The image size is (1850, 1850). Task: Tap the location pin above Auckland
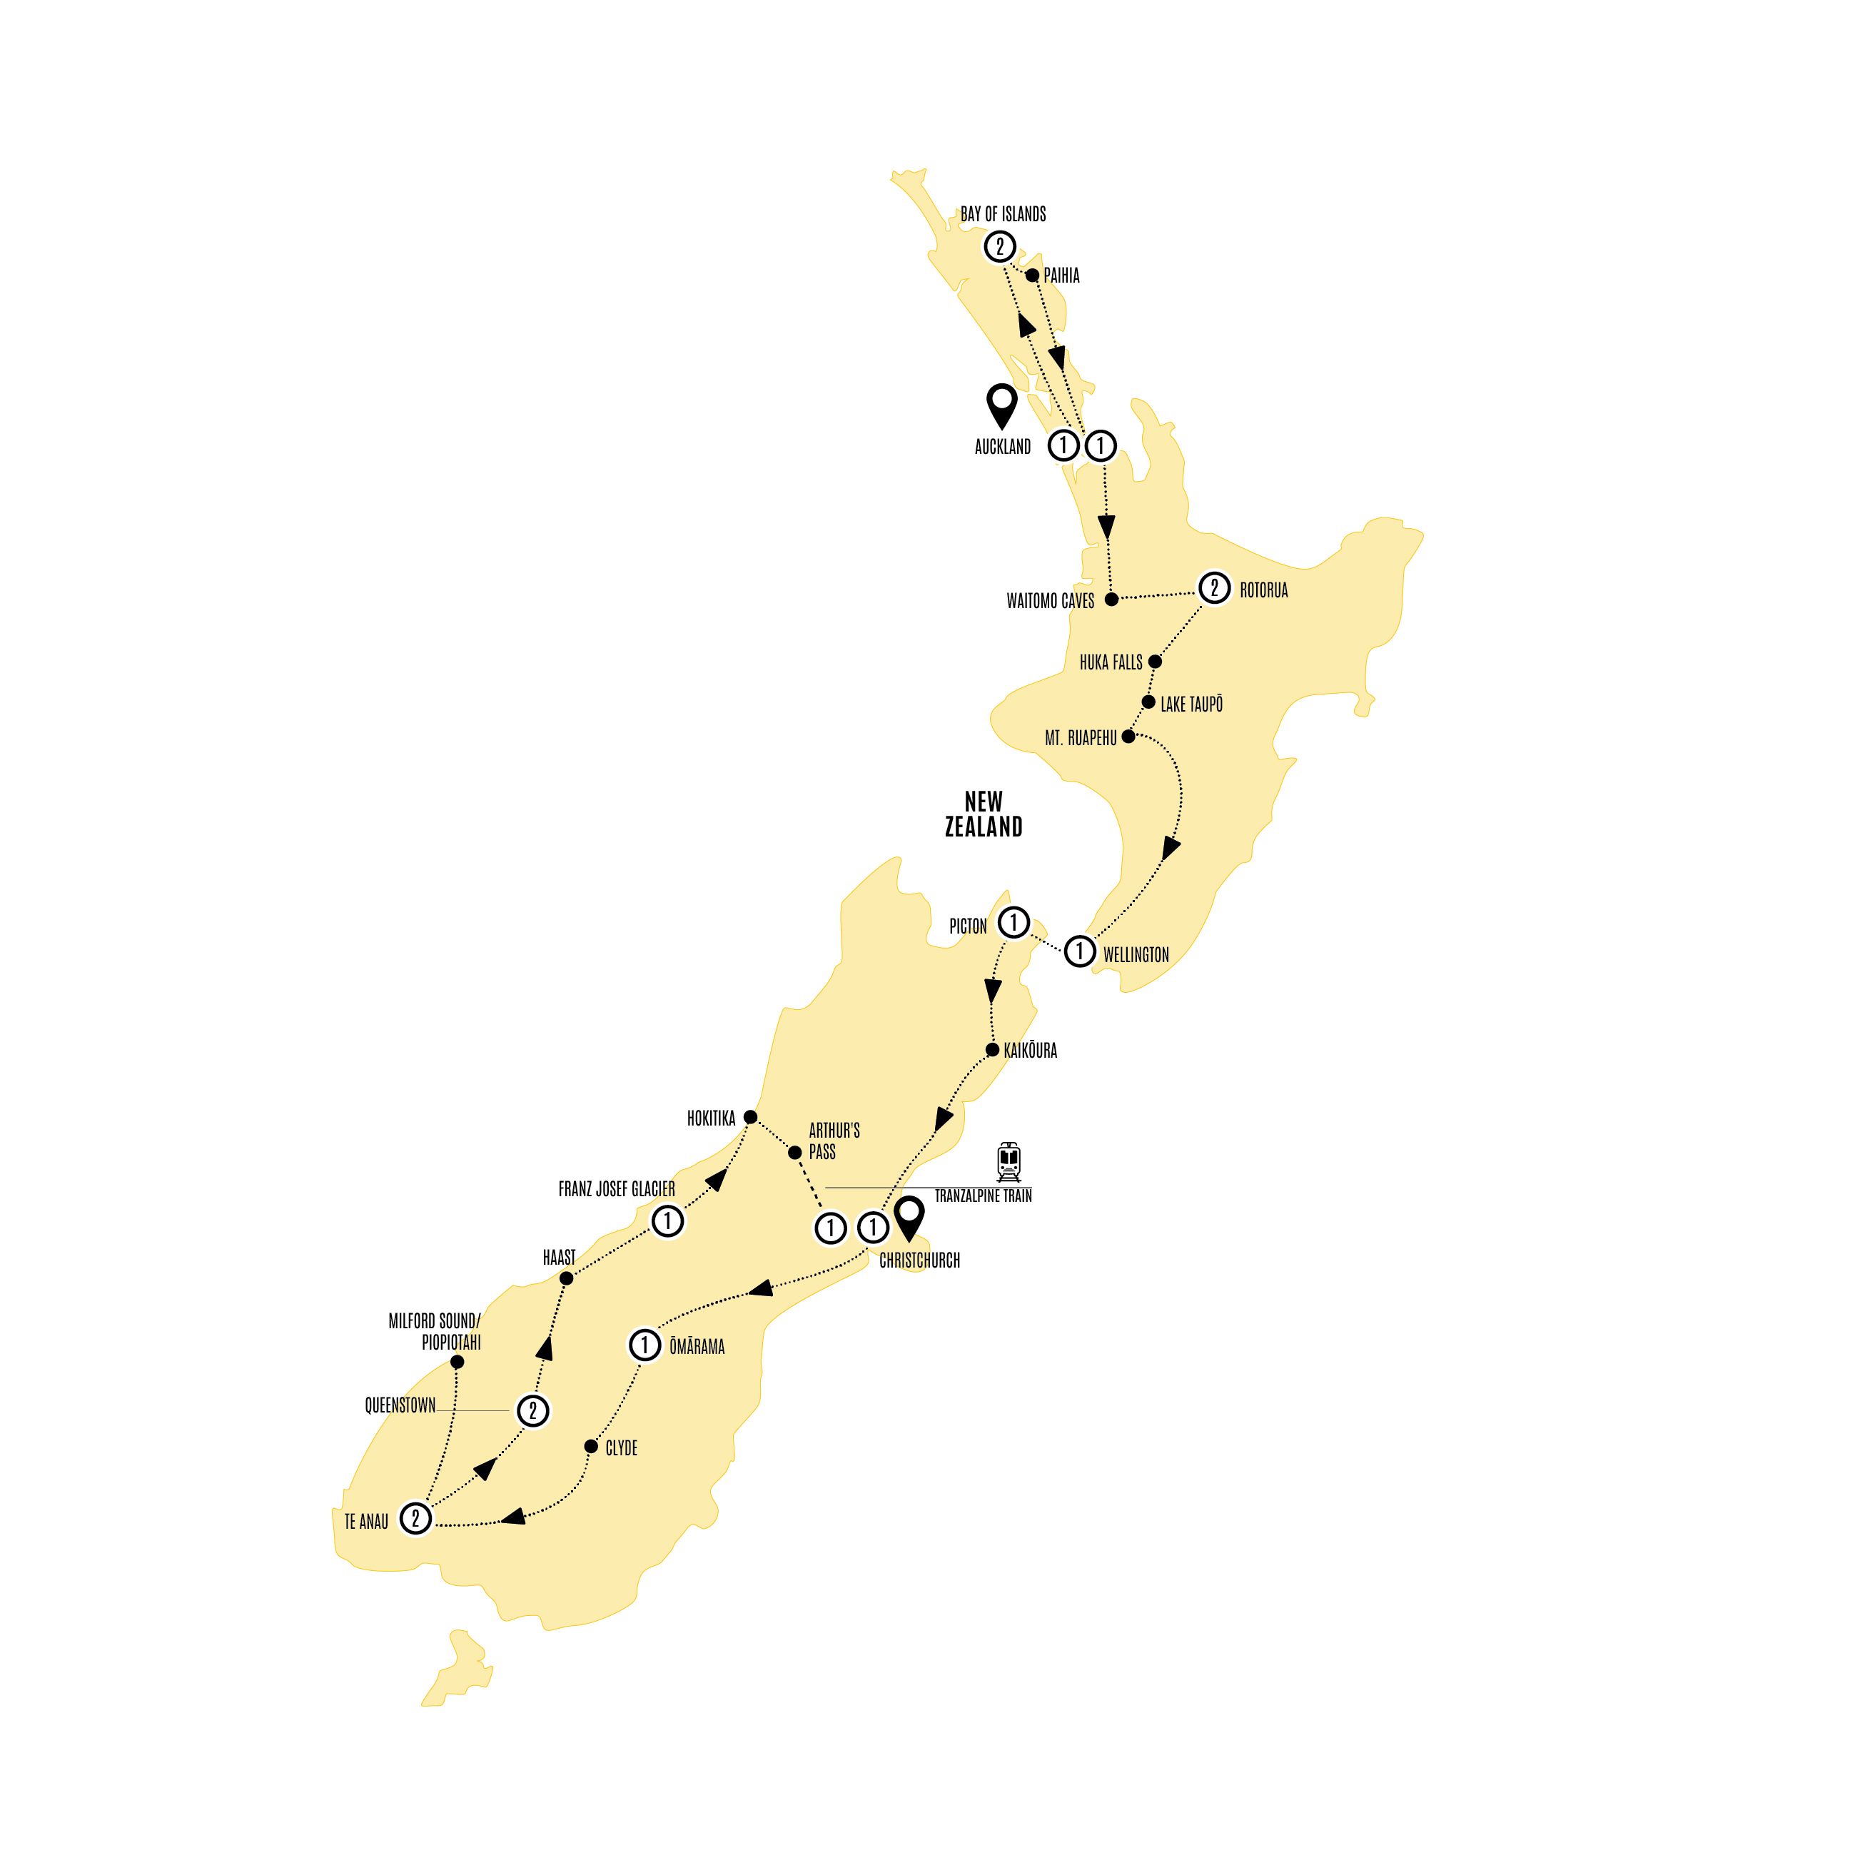click(x=1001, y=404)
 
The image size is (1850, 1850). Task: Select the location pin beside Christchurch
click(x=909, y=1218)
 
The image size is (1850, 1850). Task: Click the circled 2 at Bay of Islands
click(x=1000, y=247)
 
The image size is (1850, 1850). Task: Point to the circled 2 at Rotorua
click(x=1214, y=587)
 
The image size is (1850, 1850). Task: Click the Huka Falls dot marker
click(x=1155, y=662)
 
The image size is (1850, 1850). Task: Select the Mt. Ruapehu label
click(x=1080, y=738)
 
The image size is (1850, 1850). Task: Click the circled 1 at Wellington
click(x=1080, y=951)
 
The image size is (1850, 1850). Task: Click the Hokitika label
click(x=710, y=1118)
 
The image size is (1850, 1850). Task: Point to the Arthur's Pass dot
click(x=795, y=1153)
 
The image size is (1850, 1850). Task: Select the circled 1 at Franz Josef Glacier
click(x=667, y=1221)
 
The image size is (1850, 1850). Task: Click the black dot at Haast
click(x=566, y=1278)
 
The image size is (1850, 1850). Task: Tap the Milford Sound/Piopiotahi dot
click(x=457, y=1362)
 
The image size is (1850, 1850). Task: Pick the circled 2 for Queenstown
click(x=533, y=1410)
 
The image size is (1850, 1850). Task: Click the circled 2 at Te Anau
click(x=415, y=1517)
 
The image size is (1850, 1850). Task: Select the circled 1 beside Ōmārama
click(x=645, y=1345)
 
